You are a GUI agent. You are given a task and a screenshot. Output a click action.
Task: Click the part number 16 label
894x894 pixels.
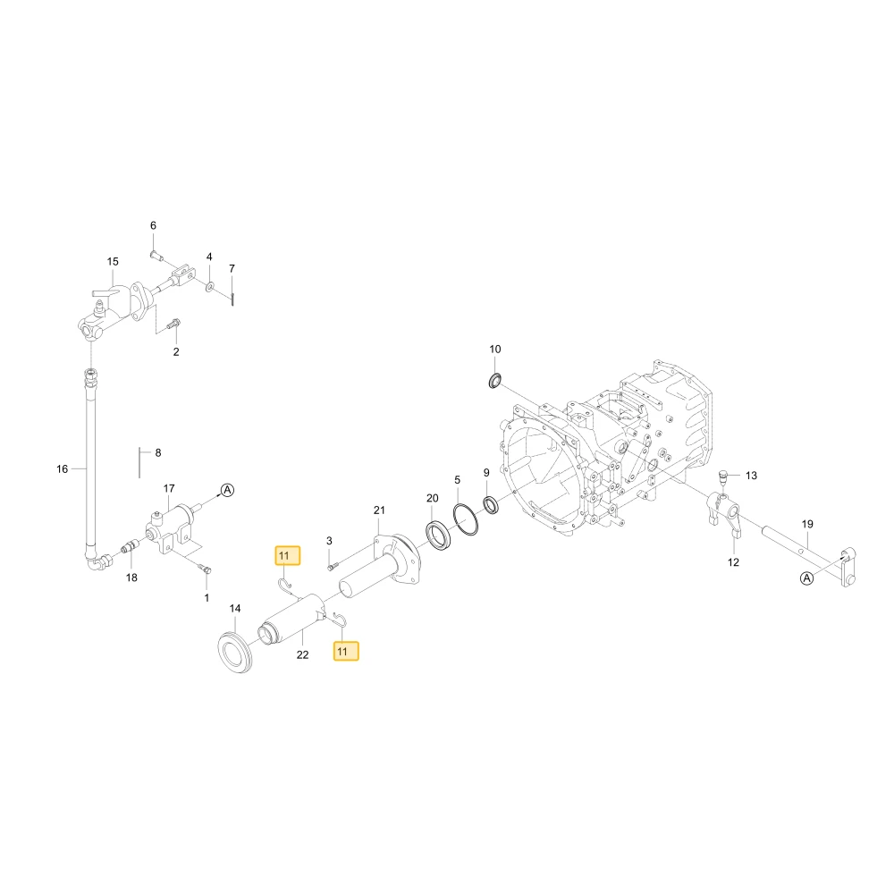pos(63,469)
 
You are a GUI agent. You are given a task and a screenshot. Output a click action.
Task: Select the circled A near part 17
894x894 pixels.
pos(227,490)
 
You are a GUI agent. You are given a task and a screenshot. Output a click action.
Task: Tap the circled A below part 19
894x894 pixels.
pos(806,578)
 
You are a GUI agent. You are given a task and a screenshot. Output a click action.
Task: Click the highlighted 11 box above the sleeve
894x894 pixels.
pos(287,555)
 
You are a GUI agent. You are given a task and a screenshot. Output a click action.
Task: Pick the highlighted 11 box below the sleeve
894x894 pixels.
pos(346,651)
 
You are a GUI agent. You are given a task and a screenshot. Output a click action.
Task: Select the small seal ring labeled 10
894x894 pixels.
pos(495,380)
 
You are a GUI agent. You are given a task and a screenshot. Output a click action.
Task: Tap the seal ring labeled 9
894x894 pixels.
pos(490,504)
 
